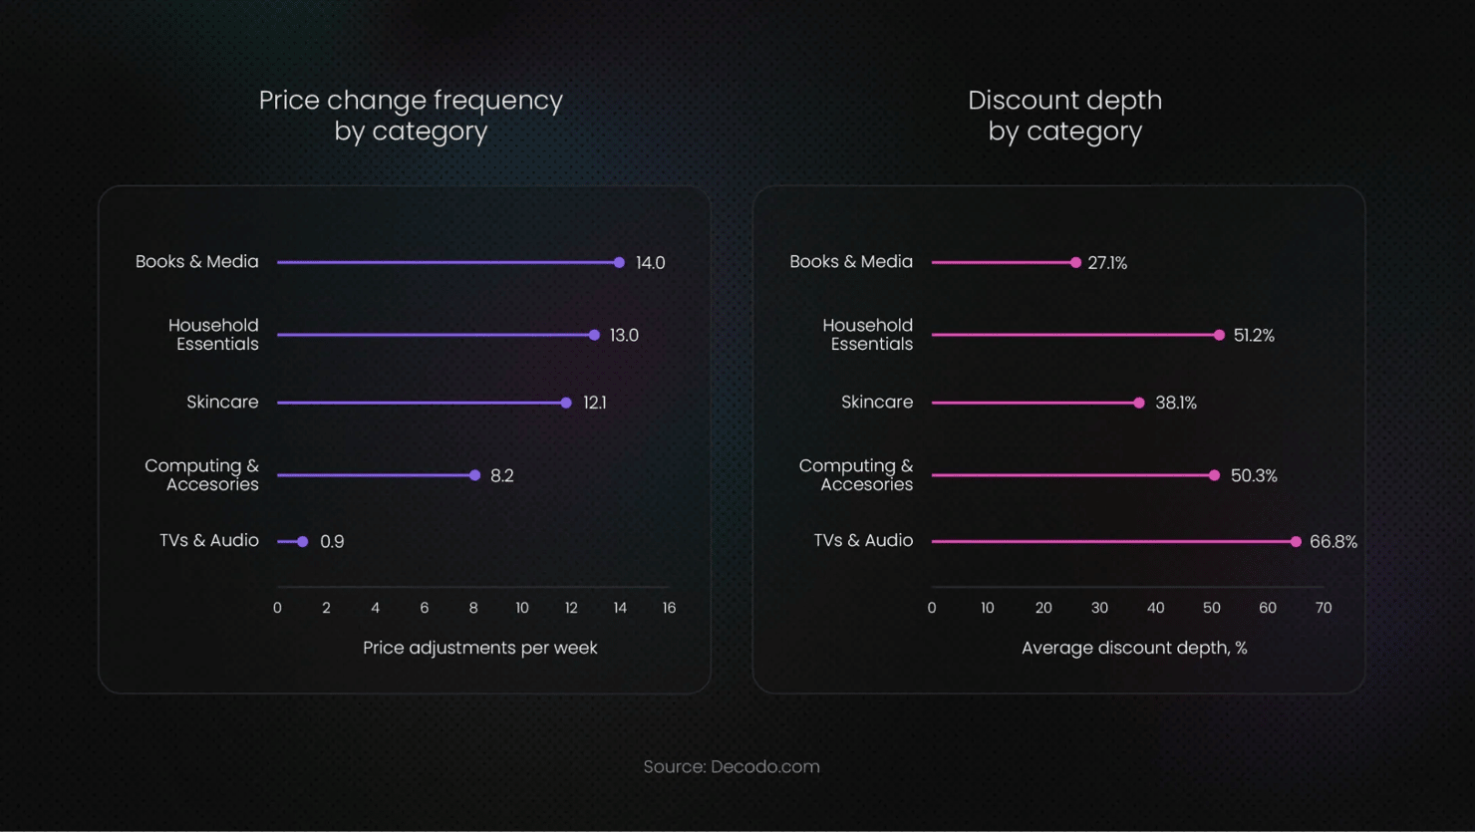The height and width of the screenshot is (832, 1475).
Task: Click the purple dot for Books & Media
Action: [x=619, y=263]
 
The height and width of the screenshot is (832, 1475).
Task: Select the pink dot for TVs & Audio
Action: [x=1296, y=542]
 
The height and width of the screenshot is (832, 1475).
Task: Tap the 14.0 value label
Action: [x=650, y=263]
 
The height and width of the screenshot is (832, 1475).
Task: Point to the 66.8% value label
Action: [x=1332, y=542]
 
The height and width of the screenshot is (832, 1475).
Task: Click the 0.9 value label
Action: [x=332, y=542]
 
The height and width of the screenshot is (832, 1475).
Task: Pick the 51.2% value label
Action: [x=1253, y=336]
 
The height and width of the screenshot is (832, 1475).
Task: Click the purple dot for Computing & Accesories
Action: [x=474, y=475]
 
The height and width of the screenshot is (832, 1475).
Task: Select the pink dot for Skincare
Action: [x=1139, y=403]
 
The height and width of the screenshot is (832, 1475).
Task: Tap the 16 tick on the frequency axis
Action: [x=669, y=608]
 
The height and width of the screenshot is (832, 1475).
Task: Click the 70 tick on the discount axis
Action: [x=1323, y=608]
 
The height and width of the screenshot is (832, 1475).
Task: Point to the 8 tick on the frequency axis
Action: [x=473, y=608]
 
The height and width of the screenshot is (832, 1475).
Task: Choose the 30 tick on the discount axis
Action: [x=1099, y=608]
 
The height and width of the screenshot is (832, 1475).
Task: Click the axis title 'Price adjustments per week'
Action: [x=479, y=648]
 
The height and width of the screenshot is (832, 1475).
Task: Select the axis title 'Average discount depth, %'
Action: [x=1134, y=648]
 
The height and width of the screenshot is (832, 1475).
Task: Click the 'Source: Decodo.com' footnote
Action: [x=732, y=766]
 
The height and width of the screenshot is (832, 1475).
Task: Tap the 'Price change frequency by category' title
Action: [x=411, y=115]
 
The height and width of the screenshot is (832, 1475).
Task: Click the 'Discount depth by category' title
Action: [x=1064, y=115]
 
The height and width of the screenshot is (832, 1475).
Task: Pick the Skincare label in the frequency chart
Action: [x=222, y=402]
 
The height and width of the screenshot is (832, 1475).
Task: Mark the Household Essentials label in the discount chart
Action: [x=867, y=335]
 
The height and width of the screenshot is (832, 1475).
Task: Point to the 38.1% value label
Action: [x=1175, y=403]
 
